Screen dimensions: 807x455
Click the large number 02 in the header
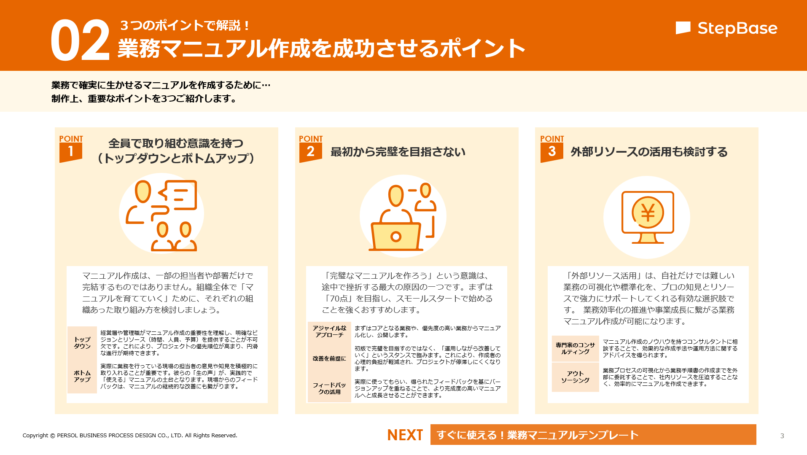click(x=80, y=40)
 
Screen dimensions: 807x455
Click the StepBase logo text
click(x=737, y=28)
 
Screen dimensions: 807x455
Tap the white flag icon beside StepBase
click(x=683, y=28)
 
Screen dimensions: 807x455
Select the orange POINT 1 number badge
click(x=70, y=152)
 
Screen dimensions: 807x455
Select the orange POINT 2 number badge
click(x=310, y=152)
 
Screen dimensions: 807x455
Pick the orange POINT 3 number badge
click(x=551, y=152)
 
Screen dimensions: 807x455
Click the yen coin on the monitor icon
click(x=648, y=212)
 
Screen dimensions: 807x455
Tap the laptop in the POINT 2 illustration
click(x=395, y=237)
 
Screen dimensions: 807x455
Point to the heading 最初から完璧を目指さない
click(x=398, y=152)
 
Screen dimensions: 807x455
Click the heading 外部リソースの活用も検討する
click(x=649, y=152)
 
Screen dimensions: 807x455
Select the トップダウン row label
click(x=82, y=343)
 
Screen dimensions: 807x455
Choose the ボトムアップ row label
click(x=82, y=376)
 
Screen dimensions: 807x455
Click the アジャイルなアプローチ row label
click(x=329, y=331)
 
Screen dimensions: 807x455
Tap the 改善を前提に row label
click(x=329, y=358)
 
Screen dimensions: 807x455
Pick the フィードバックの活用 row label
click(x=329, y=388)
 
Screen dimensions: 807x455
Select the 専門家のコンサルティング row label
click(x=575, y=348)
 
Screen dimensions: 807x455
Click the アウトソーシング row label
click(x=575, y=377)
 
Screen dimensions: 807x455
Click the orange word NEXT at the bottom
click(x=405, y=435)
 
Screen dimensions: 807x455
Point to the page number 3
click(x=782, y=436)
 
